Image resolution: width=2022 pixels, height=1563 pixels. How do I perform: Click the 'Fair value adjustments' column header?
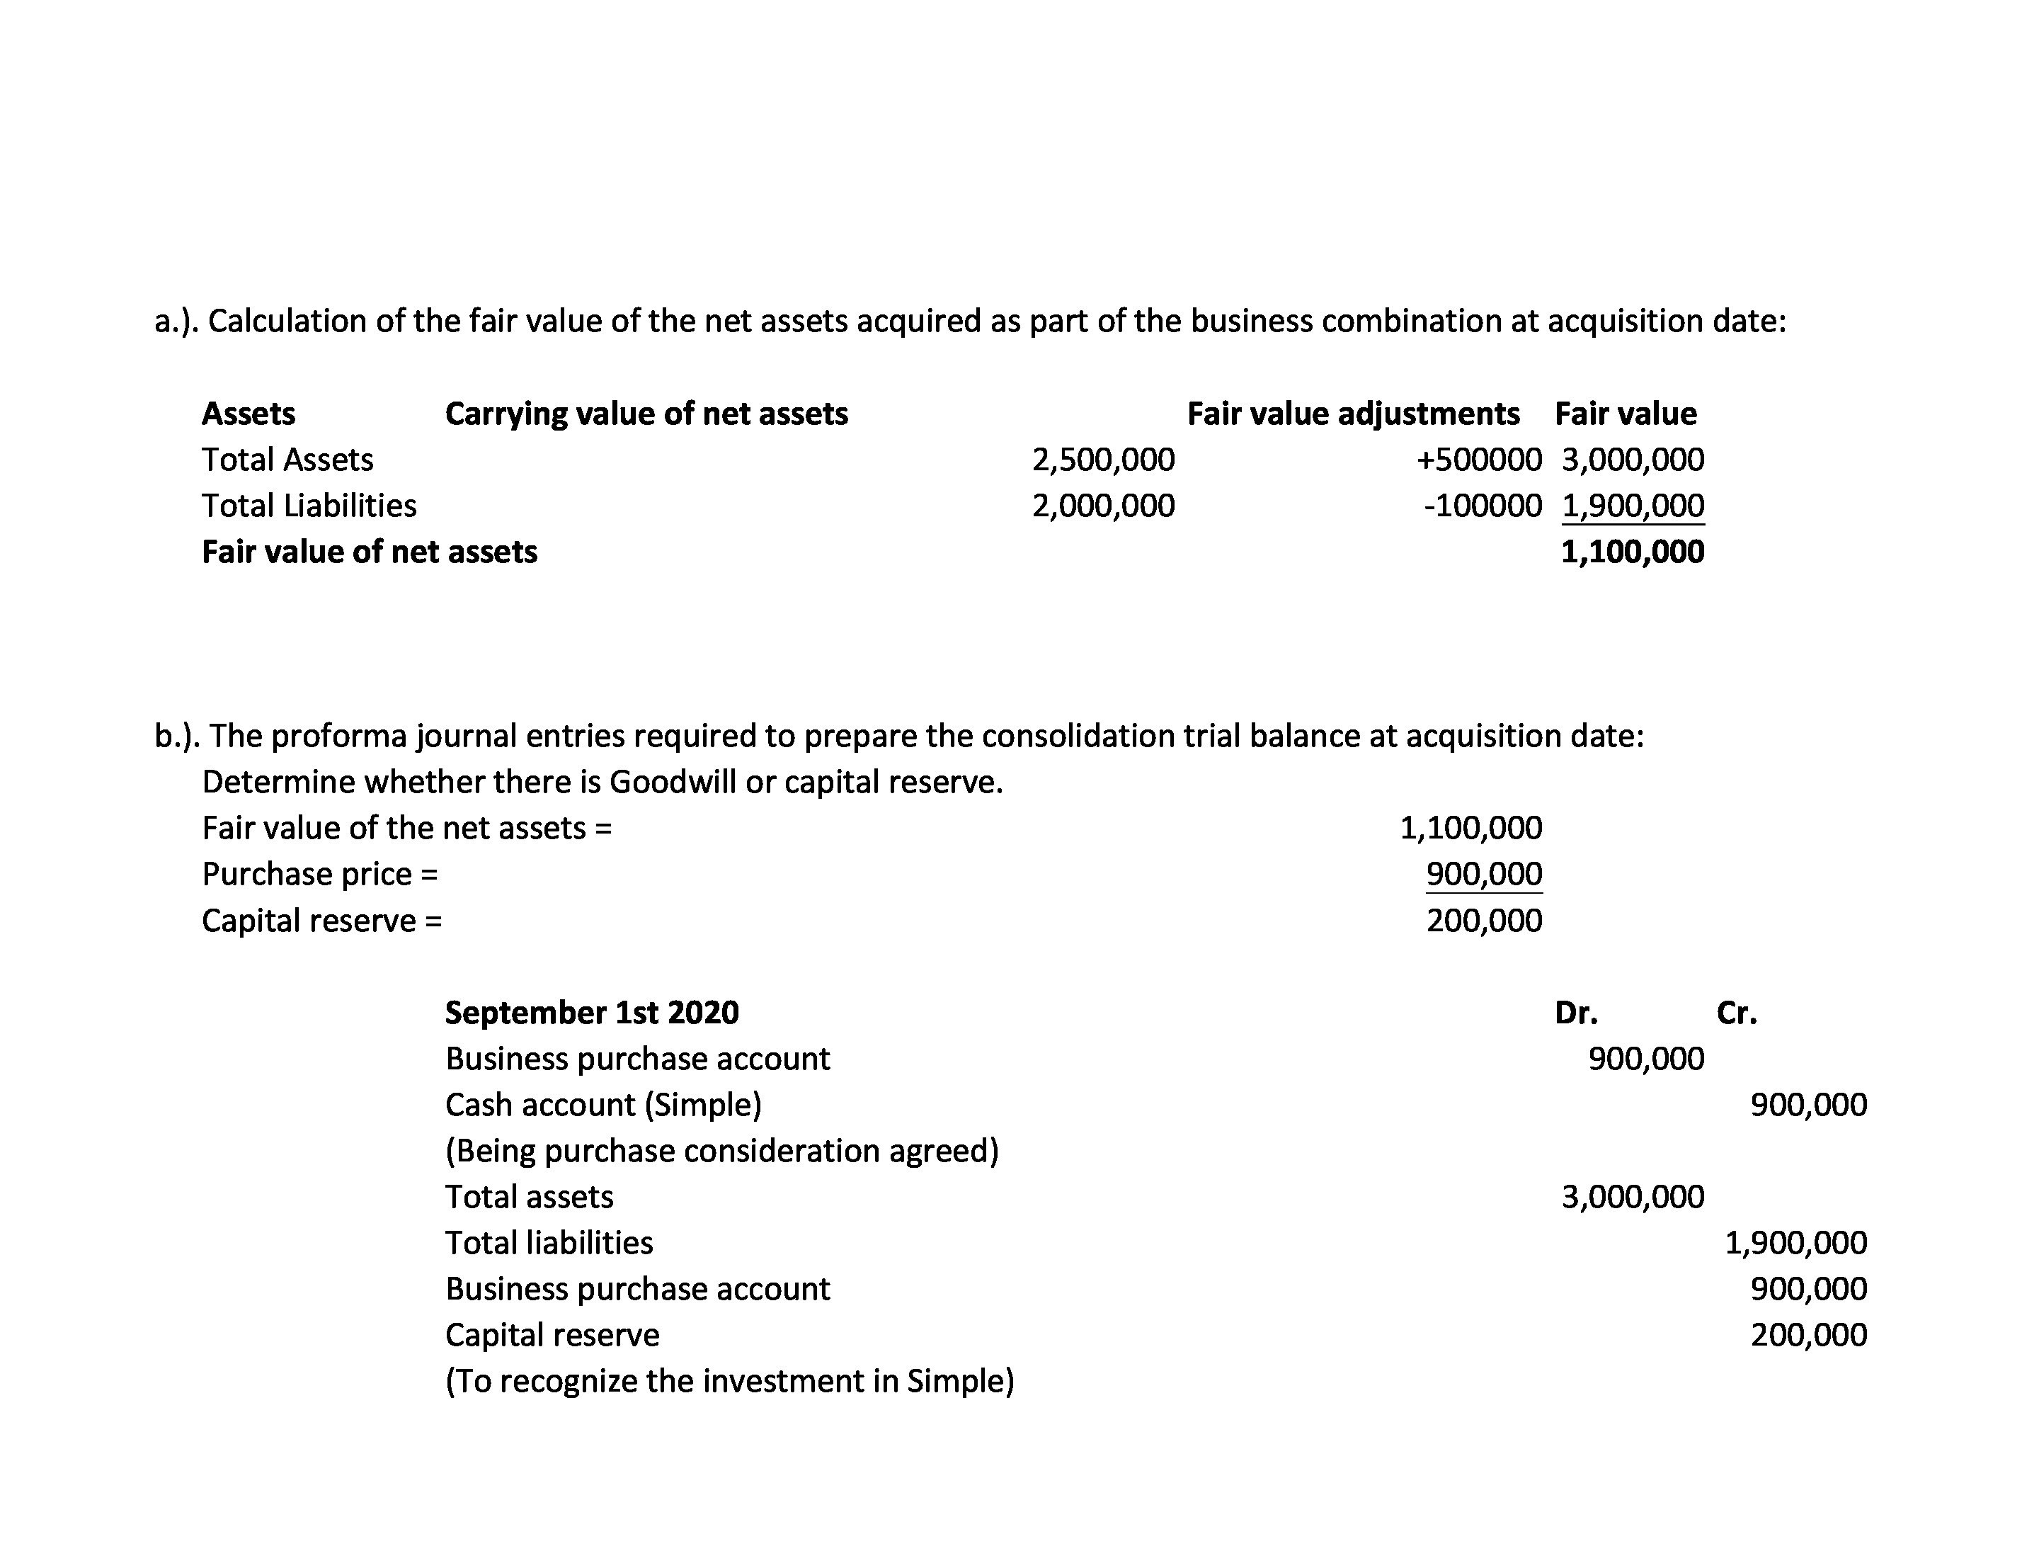1353,413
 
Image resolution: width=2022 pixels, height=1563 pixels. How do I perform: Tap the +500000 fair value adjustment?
1478,460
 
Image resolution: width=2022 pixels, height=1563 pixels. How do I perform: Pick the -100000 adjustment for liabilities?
1483,506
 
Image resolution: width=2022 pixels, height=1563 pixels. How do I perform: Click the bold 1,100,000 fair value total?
1631,552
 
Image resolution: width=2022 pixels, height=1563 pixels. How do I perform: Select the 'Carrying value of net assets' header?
646,413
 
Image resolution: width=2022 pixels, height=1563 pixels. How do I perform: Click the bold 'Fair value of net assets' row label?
370,552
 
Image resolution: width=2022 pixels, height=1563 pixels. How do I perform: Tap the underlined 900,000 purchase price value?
1483,873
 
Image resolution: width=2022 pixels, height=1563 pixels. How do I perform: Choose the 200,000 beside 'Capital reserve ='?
1483,921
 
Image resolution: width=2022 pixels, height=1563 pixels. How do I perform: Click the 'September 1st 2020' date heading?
592,1012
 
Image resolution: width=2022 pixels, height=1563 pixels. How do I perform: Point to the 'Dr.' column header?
1576,1013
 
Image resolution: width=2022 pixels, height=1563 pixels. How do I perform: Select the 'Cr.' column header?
1736,1013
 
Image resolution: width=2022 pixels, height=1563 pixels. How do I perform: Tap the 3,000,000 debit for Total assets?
1631,1196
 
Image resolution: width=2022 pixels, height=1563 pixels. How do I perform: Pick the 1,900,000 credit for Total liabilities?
1795,1243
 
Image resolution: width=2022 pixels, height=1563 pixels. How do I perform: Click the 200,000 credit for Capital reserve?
1808,1334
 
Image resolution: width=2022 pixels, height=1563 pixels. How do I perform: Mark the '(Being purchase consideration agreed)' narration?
721,1151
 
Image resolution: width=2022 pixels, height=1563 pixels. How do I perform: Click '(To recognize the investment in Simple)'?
729,1380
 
